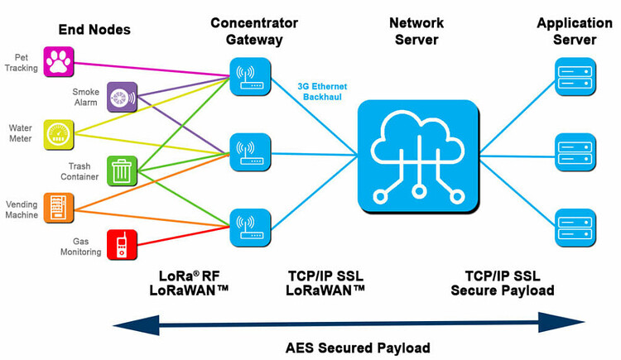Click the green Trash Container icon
point(122,170)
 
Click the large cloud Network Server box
point(418,154)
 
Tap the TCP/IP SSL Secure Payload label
point(503,283)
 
